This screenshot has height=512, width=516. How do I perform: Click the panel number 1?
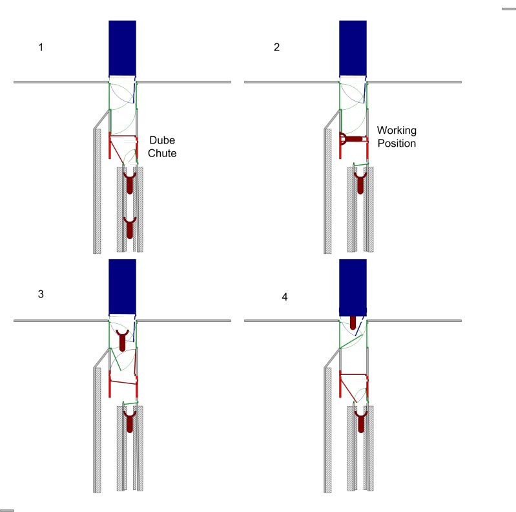click(41, 47)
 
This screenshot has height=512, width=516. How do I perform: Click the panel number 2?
click(277, 47)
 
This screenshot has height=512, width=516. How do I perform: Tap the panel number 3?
click(41, 294)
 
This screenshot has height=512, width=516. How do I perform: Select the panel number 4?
click(285, 297)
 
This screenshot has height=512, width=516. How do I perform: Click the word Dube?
click(162, 140)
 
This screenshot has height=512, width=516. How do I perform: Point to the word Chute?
click(162, 153)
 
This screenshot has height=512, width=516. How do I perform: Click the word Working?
click(397, 131)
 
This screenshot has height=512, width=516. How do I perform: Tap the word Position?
click(397, 144)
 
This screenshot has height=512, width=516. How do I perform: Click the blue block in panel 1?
click(123, 48)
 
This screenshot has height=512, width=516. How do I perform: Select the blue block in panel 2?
click(353, 48)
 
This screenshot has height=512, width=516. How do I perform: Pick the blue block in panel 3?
click(123, 286)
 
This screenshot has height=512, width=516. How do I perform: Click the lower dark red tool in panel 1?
click(130, 228)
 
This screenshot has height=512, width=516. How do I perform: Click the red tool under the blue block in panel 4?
click(353, 323)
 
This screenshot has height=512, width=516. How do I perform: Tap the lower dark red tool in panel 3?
click(130, 421)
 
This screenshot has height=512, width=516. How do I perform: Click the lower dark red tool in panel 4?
click(360, 421)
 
